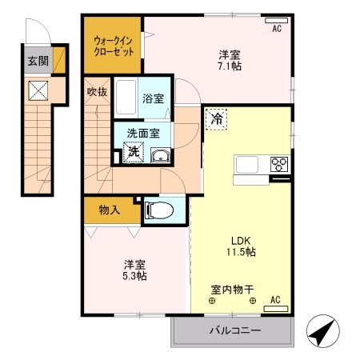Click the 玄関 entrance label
click(x=37, y=59)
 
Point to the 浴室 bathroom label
click(x=154, y=100)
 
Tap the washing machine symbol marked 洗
click(x=135, y=150)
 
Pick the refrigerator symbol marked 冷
click(x=217, y=118)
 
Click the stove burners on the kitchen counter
click(x=279, y=166)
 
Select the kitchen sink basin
click(x=246, y=166)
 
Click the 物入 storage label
click(x=110, y=210)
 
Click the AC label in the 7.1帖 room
click(x=277, y=29)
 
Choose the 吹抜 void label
click(x=97, y=91)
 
